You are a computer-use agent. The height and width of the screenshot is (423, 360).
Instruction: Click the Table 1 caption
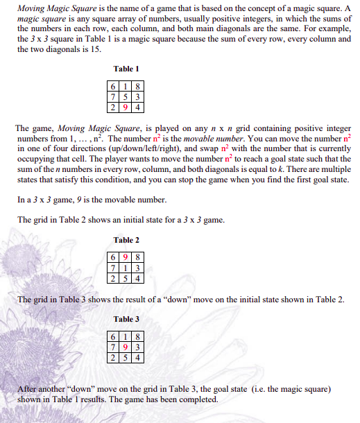point(127,69)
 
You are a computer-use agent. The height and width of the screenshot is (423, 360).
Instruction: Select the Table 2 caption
point(127,241)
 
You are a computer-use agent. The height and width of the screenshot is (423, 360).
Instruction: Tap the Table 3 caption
point(127,319)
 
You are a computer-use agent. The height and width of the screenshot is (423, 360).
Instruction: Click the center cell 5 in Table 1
point(127,97)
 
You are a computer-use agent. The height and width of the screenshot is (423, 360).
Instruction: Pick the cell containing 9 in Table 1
point(127,107)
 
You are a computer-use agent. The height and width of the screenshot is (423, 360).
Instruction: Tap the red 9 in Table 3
point(127,347)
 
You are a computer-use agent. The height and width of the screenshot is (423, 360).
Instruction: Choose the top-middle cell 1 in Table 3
point(127,336)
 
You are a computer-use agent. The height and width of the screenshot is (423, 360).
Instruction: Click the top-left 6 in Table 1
point(114,87)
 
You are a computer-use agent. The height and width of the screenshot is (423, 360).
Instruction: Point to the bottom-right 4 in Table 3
point(139,357)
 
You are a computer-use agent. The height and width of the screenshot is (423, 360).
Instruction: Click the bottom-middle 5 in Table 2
point(127,279)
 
